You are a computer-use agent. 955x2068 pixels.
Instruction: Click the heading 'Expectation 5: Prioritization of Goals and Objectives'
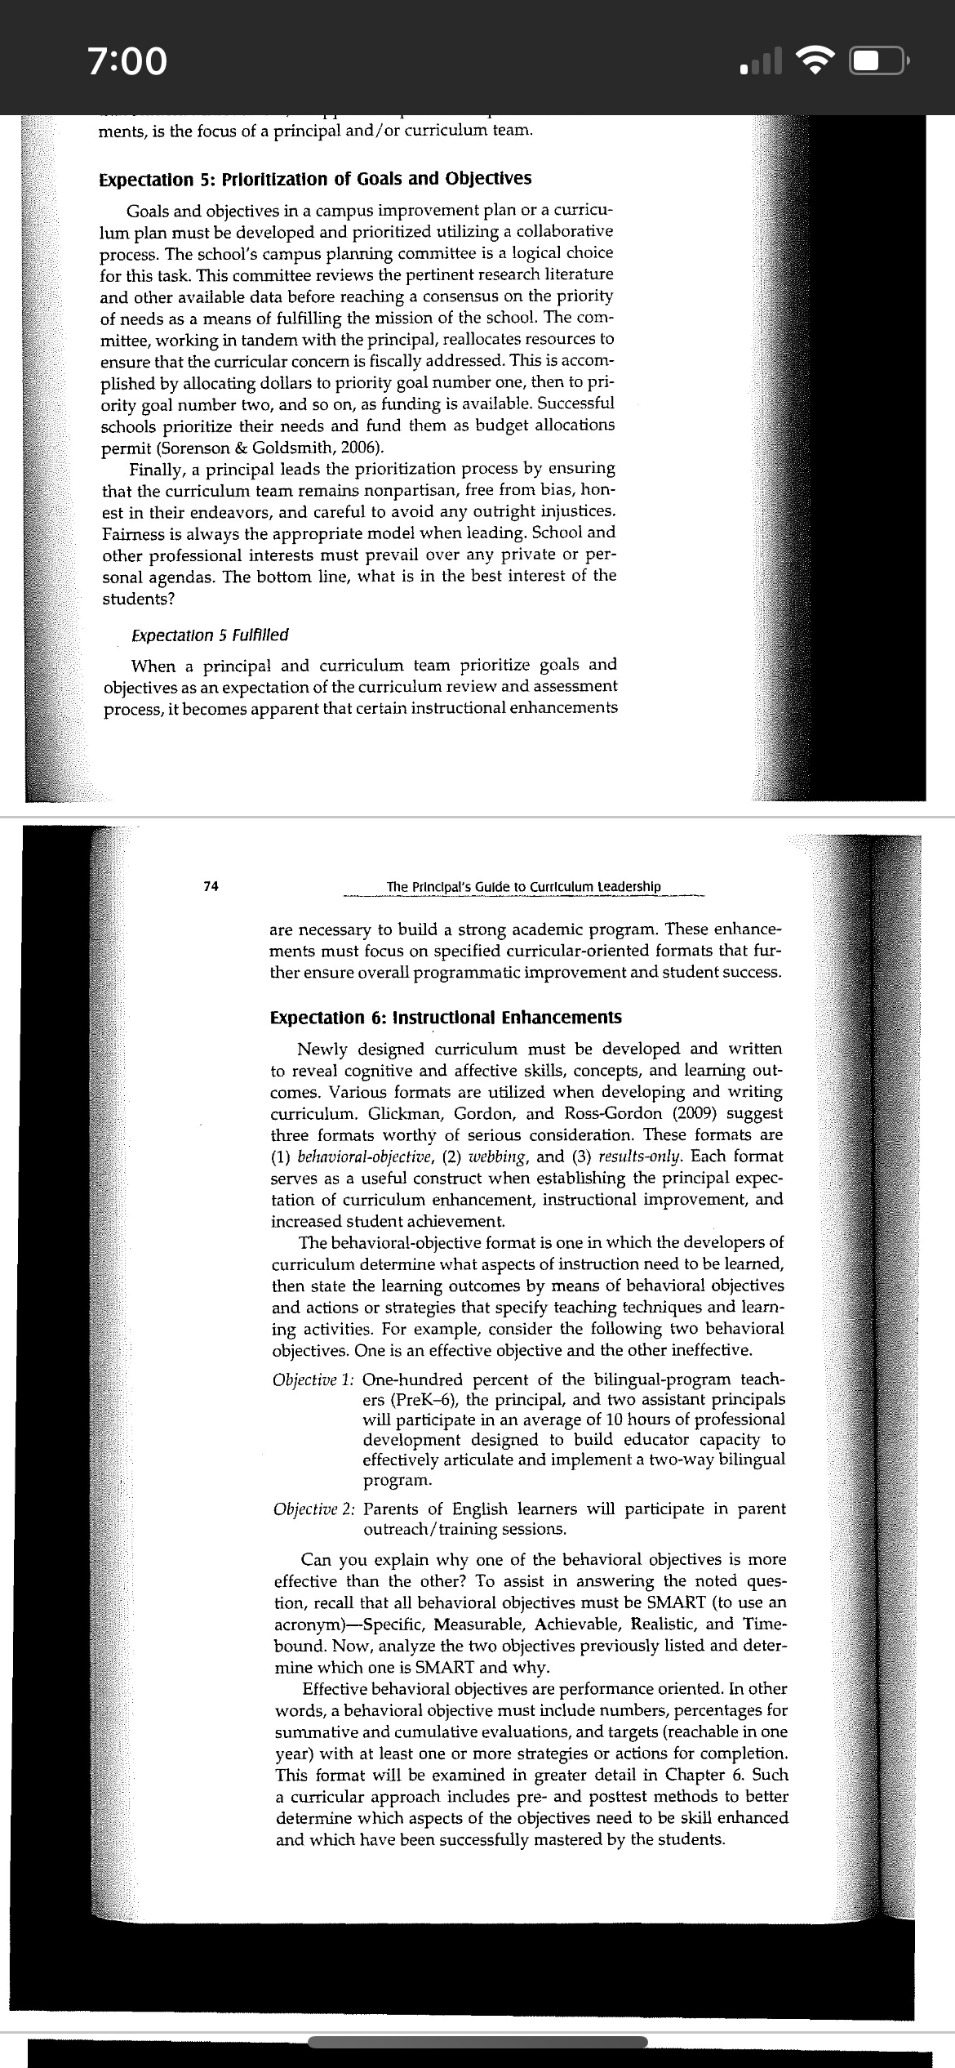[315, 179]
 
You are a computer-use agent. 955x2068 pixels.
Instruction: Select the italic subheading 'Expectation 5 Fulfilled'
[210, 635]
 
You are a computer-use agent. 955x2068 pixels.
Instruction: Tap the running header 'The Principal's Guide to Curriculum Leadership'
[524, 887]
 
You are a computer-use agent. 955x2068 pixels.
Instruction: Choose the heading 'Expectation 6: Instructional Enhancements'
[446, 1018]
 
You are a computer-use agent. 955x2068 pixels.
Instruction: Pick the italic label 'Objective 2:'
[314, 1509]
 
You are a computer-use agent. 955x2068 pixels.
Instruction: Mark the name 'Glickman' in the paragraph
[398, 1113]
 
